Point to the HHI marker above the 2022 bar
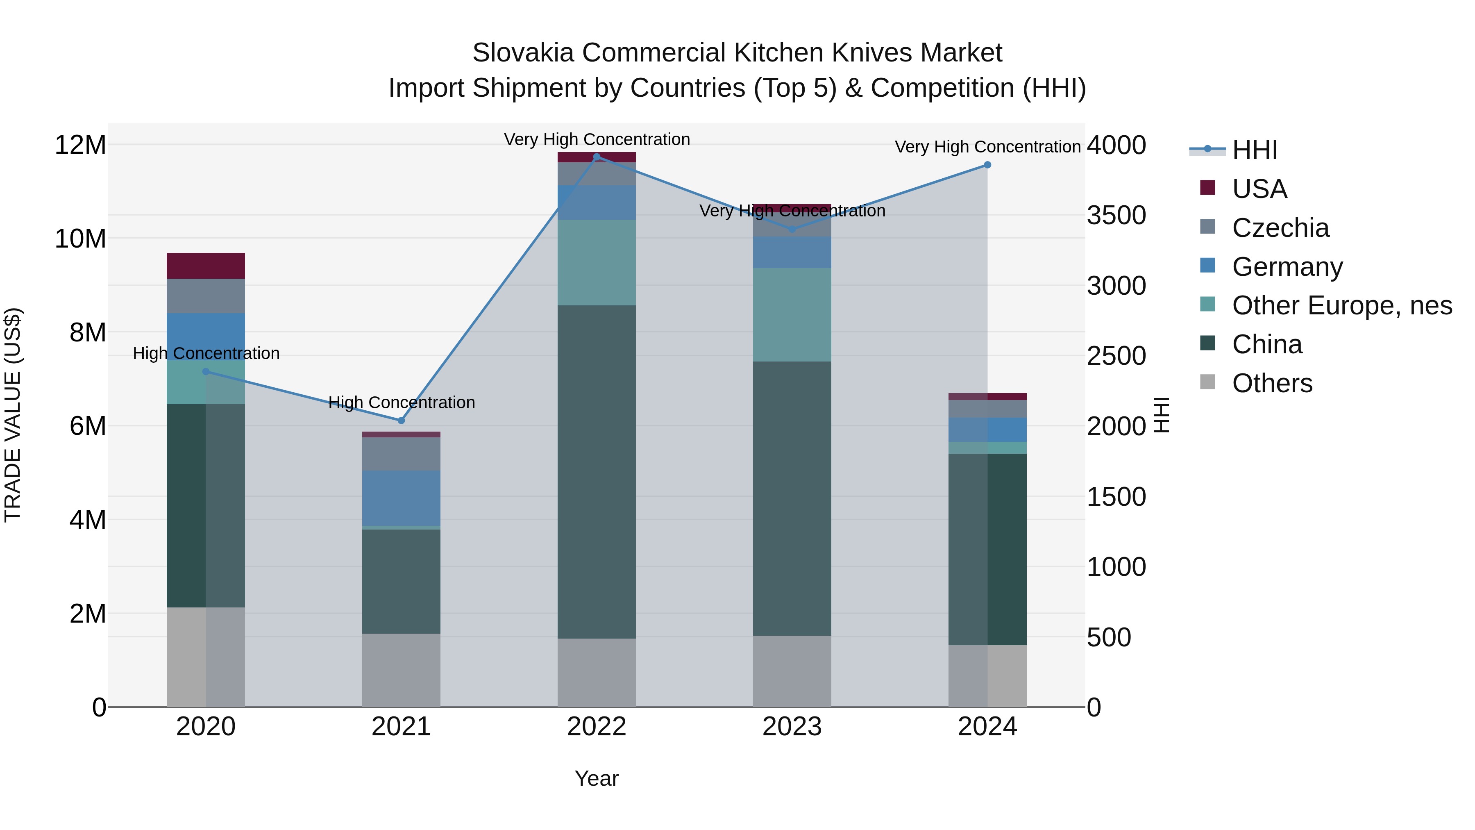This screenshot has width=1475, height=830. pyautogui.click(x=597, y=157)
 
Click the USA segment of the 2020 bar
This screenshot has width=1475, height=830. pyautogui.click(x=206, y=266)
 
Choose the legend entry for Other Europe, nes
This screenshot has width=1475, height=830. pyautogui.click(x=1341, y=305)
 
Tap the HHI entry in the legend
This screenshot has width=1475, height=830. pyautogui.click(x=1254, y=150)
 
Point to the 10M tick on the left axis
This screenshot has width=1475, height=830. pyautogui.click(x=80, y=238)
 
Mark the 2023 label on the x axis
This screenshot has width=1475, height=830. pyautogui.click(x=792, y=727)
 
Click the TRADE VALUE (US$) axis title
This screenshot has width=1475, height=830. pyautogui.click(x=13, y=415)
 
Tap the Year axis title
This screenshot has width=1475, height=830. pyautogui.click(x=597, y=778)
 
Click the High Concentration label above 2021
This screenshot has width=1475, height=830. pyautogui.click(x=402, y=402)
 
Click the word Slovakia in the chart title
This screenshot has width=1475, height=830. pyautogui.click(x=523, y=53)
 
